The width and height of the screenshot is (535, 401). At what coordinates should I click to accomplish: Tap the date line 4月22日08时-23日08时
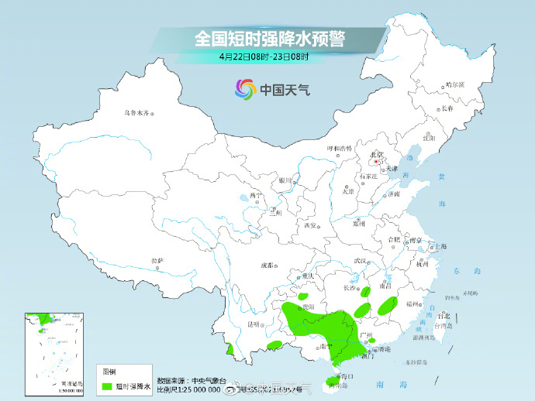[x=264, y=57]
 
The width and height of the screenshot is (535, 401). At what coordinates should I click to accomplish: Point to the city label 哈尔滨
[x=455, y=84]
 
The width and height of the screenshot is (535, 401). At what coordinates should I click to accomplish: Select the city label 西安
[x=312, y=225]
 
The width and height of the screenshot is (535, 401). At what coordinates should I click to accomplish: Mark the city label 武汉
[x=358, y=262]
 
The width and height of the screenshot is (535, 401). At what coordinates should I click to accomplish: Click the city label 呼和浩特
[x=339, y=148]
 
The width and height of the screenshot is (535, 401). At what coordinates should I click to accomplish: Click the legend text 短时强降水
[x=133, y=385]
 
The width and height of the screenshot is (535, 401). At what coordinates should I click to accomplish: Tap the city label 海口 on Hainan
[x=348, y=376]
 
